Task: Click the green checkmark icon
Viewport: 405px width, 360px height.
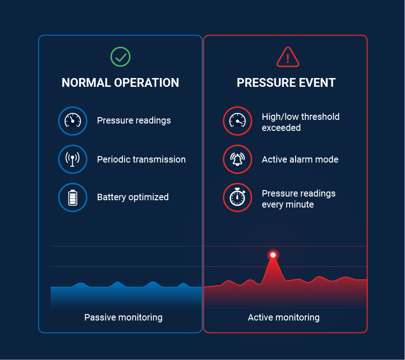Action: pos(120,57)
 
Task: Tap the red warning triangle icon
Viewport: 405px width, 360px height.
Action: pos(288,57)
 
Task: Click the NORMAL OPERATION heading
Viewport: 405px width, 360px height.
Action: pos(120,83)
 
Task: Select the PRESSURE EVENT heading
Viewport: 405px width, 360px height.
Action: pos(286,83)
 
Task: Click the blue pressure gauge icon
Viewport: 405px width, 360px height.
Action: pos(73,121)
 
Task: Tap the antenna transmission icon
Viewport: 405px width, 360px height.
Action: pos(73,159)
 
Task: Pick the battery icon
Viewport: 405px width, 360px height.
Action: pos(73,197)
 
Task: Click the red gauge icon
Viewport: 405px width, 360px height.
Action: pos(237,121)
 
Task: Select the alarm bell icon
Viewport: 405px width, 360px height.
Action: pos(237,159)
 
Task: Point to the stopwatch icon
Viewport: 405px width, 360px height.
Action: pos(237,197)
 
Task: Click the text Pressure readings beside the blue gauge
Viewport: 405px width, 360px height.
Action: pos(134,121)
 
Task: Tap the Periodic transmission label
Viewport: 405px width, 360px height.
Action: pos(141,159)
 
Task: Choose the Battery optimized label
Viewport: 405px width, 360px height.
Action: pos(133,197)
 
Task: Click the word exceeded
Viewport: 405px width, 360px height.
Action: pos(281,128)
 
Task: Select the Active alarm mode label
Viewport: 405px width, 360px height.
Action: pos(300,159)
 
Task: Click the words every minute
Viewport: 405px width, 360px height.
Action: pos(288,205)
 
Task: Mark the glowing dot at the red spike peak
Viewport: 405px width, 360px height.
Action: pos(273,255)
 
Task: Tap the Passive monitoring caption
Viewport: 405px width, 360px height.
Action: pos(124,317)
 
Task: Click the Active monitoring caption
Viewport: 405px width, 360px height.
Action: pos(284,317)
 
